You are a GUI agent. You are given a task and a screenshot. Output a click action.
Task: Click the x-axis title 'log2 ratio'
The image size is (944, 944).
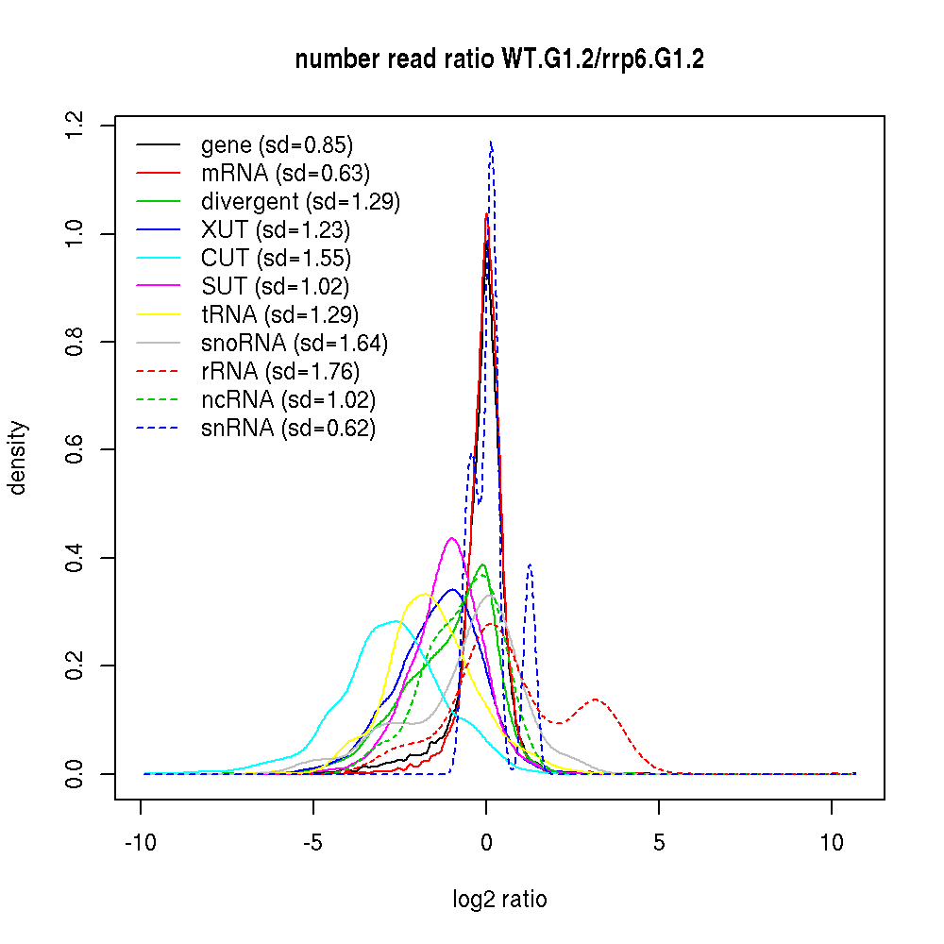click(x=499, y=899)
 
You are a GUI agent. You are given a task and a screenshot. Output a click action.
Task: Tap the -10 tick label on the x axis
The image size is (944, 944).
click(x=141, y=843)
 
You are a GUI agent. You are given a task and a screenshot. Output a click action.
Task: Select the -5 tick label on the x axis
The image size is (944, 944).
click(x=313, y=843)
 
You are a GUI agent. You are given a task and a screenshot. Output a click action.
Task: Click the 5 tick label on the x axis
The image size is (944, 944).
click(x=659, y=843)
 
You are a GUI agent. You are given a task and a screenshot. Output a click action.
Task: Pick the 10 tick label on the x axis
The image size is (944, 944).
click(x=832, y=843)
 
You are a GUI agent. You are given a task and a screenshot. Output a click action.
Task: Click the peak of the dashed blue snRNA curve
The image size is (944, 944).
click(x=491, y=143)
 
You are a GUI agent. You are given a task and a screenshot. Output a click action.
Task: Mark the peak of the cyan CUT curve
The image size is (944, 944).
click(x=395, y=620)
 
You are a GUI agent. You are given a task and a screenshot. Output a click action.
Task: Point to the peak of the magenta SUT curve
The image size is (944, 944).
click(x=452, y=538)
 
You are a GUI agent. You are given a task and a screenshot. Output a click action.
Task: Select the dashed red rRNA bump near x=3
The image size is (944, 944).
click(x=596, y=700)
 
